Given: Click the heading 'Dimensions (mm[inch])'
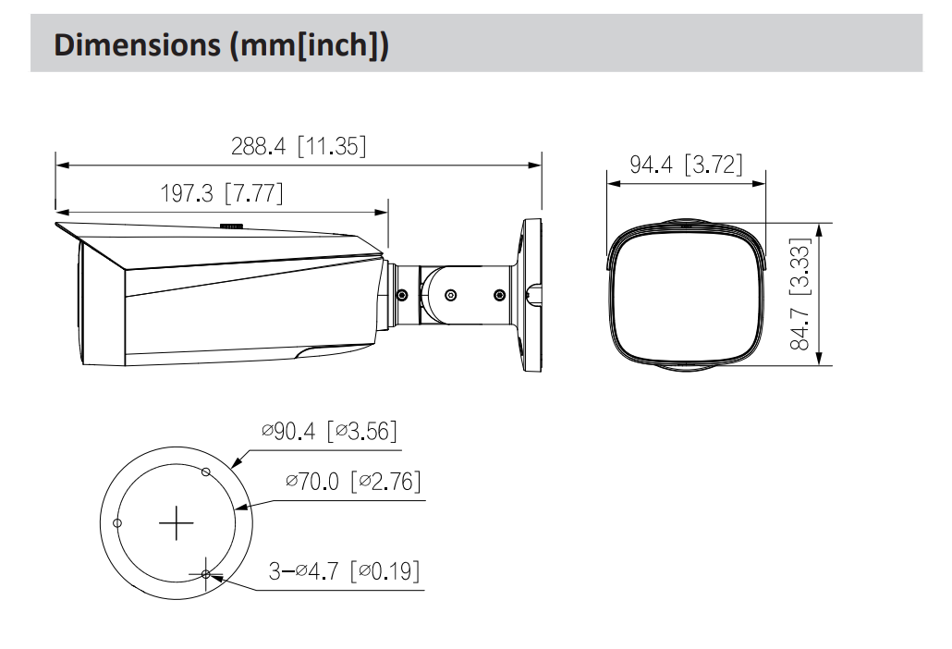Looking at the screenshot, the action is pyautogui.click(x=222, y=45).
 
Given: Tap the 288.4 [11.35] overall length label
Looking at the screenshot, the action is pyautogui.click(x=299, y=146).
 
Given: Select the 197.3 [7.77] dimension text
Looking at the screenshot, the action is pyautogui.click(x=222, y=193).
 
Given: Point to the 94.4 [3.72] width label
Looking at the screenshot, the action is pyautogui.click(x=686, y=165).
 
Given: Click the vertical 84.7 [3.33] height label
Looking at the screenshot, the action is pyautogui.click(x=800, y=294).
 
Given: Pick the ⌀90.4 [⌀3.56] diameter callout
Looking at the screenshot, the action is pyautogui.click(x=329, y=431).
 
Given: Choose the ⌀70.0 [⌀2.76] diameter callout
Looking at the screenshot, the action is pyautogui.click(x=353, y=482).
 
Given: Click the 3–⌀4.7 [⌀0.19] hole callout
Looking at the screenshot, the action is pyautogui.click(x=344, y=570).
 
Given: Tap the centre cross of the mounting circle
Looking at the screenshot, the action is pyautogui.click(x=176, y=522).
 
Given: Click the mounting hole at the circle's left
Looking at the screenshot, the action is pyautogui.click(x=117, y=522).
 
